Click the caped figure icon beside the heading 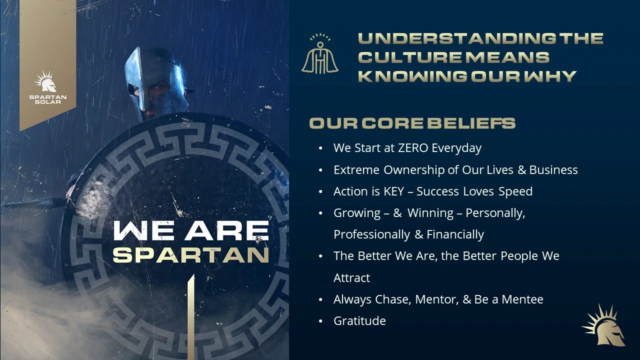tap(320, 54)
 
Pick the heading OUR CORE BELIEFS tap(412, 123)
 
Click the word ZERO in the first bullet tap(413, 148)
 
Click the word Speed tap(515, 191)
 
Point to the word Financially tap(455, 234)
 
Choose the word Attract tap(351, 277)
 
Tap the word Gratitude tap(359, 321)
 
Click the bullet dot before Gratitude tap(320, 321)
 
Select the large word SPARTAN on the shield tap(191, 254)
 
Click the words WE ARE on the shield tap(191, 230)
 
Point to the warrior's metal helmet tap(155, 80)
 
